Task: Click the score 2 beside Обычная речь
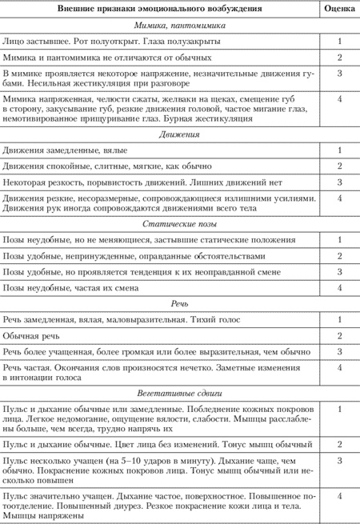[x=340, y=335]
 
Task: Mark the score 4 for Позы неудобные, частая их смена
[x=340, y=287]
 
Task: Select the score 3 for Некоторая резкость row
[x=340, y=182]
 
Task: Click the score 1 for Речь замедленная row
[x=340, y=319]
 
